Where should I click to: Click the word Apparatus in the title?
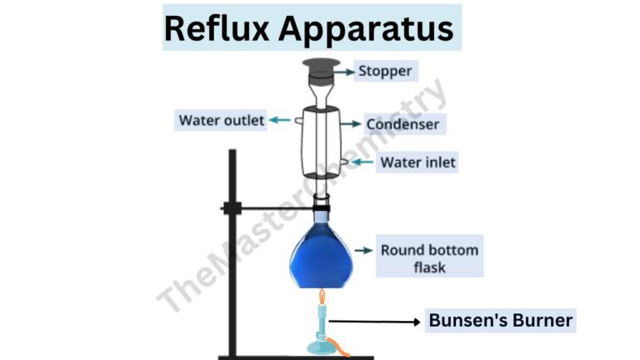pyautogui.click(x=366, y=29)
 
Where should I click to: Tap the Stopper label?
pyautogui.click(x=384, y=71)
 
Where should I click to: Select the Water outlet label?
pyautogui.click(x=221, y=121)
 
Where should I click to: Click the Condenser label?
pyautogui.click(x=402, y=125)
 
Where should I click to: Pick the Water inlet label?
pyautogui.click(x=417, y=162)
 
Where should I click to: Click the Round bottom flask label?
pyautogui.click(x=429, y=258)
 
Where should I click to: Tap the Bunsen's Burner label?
pyautogui.click(x=501, y=320)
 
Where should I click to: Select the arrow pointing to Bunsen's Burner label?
pyautogui.click(x=375, y=321)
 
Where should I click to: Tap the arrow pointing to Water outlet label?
pyautogui.click(x=280, y=121)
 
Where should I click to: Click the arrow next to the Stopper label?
pyautogui.click(x=343, y=71)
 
